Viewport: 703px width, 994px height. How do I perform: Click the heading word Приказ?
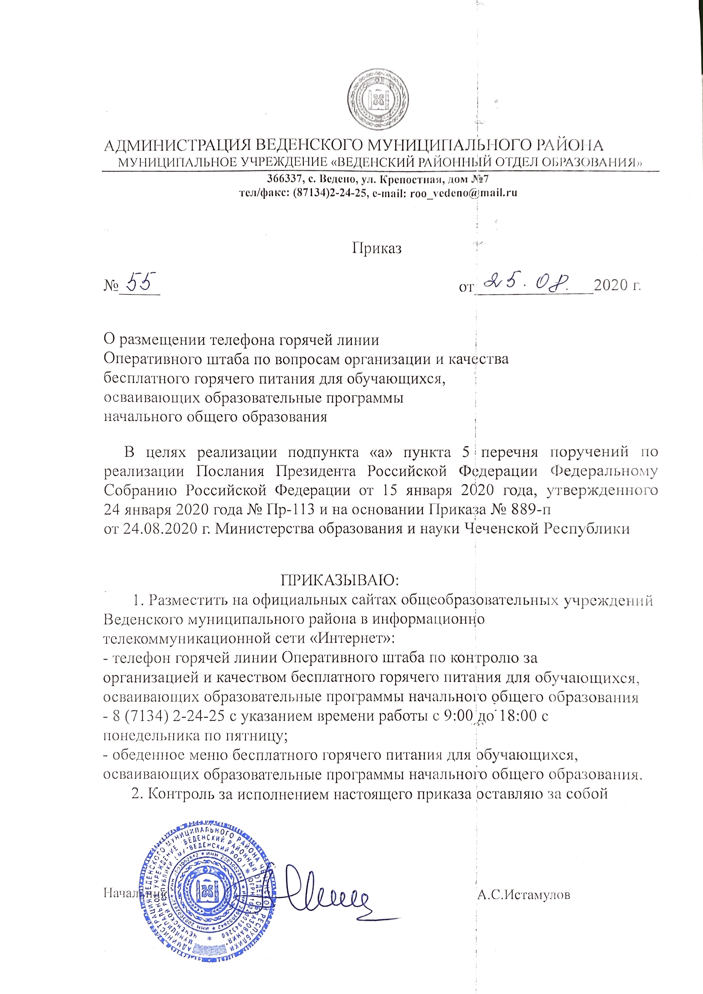click(376, 248)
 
